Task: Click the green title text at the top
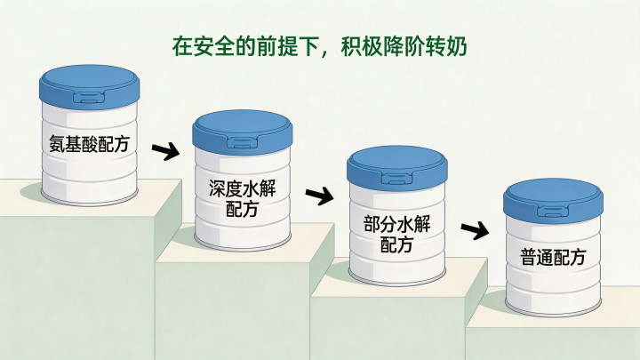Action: (x=320, y=46)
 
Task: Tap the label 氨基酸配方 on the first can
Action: (x=89, y=144)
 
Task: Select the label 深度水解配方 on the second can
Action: (x=243, y=198)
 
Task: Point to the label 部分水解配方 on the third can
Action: (x=396, y=234)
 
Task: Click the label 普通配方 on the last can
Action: (x=553, y=257)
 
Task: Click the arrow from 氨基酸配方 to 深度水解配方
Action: (x=165, y=151)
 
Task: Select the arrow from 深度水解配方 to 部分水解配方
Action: (x=320, y=196)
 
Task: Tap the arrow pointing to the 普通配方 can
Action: (x=475, y=230)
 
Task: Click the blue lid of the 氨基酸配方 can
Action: (x=90, y=85)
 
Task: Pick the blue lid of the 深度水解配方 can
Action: (x=243, y=132)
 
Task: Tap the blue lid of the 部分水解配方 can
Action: (x=397, y=167)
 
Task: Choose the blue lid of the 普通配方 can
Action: (x=553, y=201)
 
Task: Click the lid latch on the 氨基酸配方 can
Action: (x=90, y=97)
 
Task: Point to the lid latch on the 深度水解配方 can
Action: (x=243, y=143)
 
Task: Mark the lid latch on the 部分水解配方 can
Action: (x=397, y=179)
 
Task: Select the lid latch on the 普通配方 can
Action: (x=553, y=212)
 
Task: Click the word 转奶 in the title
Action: (x=446, y=46)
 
